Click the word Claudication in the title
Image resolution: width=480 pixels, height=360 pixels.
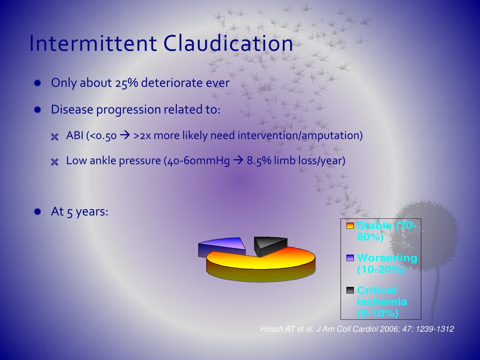[228, 44]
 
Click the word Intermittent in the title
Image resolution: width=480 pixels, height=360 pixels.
[92, 44]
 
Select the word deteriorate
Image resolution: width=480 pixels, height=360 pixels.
[172, 83]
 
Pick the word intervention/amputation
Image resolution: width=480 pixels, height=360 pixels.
[300, 135]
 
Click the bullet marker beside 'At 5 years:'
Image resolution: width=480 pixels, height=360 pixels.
[38, 211]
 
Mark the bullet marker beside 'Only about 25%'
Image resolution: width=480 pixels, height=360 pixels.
[38, 83]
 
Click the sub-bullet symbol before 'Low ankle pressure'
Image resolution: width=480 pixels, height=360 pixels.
[55, 162]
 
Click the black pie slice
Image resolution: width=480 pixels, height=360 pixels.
[270, 244]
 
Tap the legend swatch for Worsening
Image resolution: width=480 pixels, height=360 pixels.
[350, 258]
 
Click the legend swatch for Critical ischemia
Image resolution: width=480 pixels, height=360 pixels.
[350, 290]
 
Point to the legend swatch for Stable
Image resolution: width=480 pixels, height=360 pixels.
[350, 225]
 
